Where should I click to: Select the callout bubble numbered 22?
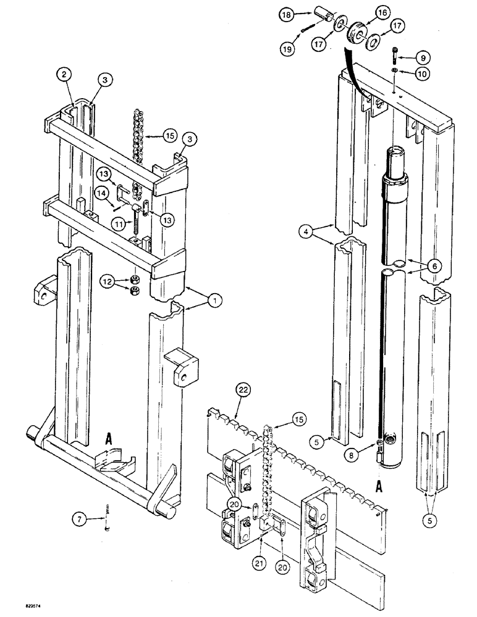(243, 390)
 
